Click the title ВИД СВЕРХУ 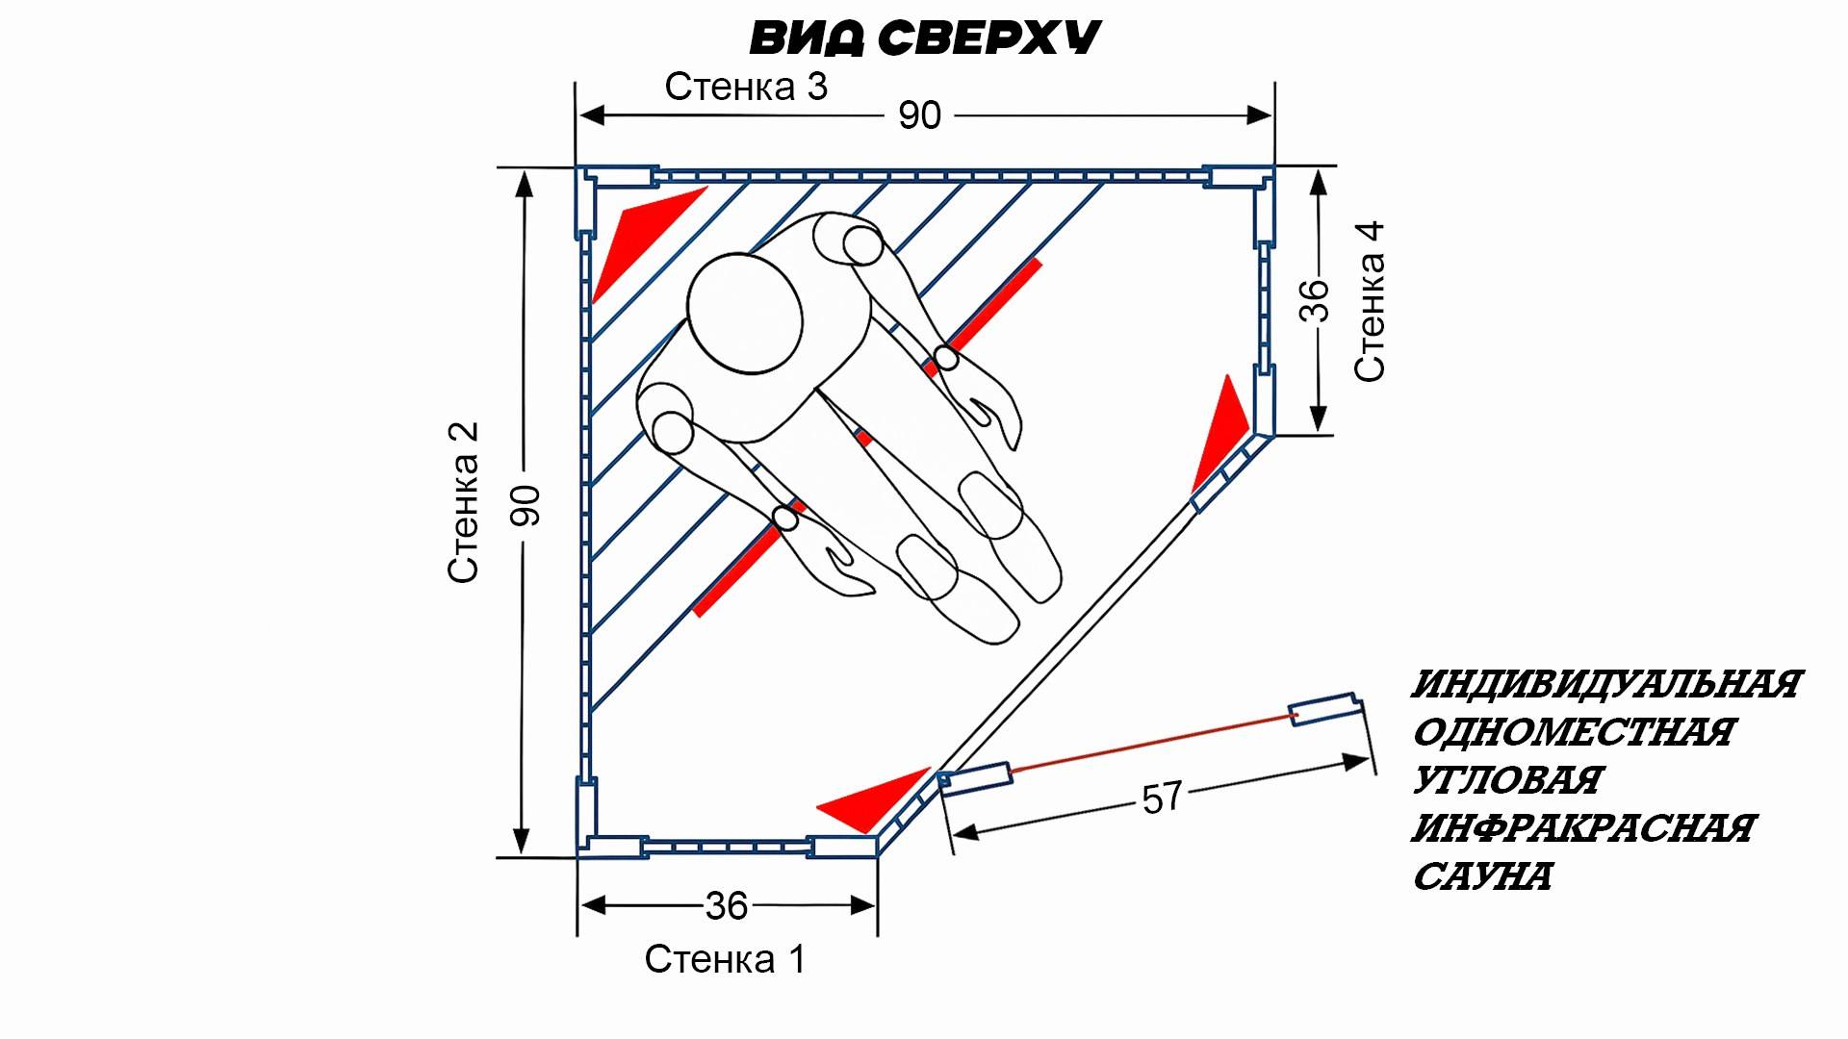click(x=925, y=38)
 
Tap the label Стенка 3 click(x=746, y=87)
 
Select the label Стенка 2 click(x=463, y=502)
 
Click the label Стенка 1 click(x=724, y=959)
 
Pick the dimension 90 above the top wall click(x=919, y=115)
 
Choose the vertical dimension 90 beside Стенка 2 click(x=526, y=505)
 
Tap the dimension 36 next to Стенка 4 click(x=1315, y=300)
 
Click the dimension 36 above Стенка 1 click(x=727, y=905)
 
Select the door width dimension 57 click(x=1162, y=798)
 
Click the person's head click(x=745, y=314)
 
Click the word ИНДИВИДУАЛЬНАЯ click(x=1605, y=685)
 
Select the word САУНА click(x=1482, y=876)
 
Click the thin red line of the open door click(x=1150, y=743)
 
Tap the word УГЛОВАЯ click(x=1506, y=780)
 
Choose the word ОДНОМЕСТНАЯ click(x=1573, y=733)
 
